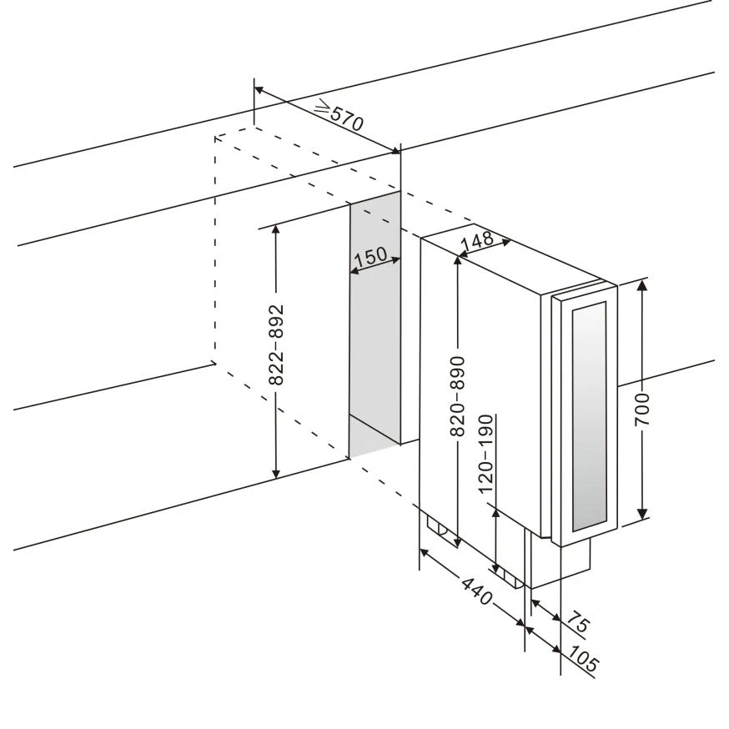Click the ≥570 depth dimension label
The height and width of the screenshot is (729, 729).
coord(339,115)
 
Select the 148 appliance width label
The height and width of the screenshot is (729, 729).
coord(477,241)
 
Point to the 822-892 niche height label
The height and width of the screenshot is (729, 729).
coord(277,345)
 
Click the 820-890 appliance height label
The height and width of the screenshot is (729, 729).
coord(457,396)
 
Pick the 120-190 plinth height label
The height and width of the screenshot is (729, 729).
coord(485,455)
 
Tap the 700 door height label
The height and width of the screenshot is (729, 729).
coord(642,410)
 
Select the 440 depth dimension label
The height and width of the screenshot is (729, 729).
coord(476,591)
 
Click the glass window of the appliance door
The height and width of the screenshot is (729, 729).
coord(590,416)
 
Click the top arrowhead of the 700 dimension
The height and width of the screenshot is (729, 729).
coord(642,284)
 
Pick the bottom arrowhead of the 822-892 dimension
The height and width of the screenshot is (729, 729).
coord(277,473)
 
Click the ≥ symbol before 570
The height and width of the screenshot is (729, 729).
coord(322,108)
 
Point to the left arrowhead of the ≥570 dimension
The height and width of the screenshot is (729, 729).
coord(259,90)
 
